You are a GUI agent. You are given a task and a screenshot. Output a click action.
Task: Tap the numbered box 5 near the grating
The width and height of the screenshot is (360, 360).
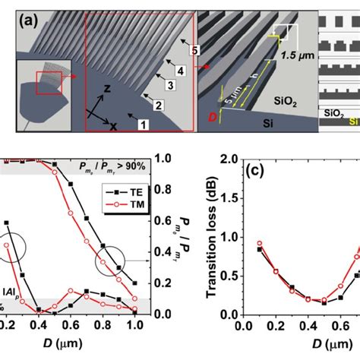click(194, 51)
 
